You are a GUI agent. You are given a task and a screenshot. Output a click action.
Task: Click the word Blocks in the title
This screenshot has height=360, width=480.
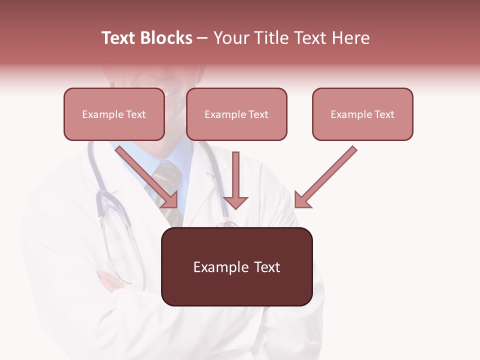(166, 38)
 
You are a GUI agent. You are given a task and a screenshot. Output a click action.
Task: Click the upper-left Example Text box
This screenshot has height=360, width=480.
(114, 114)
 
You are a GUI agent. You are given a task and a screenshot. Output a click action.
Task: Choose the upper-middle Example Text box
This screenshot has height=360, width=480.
(236, 114)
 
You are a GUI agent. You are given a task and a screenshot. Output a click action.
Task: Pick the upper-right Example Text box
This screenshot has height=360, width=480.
(362, 114)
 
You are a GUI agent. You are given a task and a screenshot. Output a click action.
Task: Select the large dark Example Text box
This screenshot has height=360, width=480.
(236, 266)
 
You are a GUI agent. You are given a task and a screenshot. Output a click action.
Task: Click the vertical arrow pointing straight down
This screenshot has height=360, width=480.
(235, 180)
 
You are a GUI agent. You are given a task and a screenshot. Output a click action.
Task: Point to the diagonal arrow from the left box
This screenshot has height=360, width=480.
(147, 177)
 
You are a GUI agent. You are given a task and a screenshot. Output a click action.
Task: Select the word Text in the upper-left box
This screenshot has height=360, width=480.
(135, 114)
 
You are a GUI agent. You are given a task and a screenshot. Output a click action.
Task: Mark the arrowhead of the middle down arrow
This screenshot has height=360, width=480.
(235, 202)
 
